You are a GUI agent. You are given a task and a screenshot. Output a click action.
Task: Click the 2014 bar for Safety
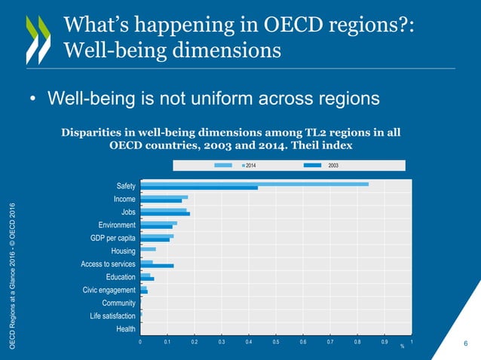point(254,184)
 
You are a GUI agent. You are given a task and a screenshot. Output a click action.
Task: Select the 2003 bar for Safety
point(199,188)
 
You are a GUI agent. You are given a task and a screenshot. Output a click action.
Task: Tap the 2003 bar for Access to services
point(157,265)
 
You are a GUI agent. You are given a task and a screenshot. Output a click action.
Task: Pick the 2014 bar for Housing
point(148,249)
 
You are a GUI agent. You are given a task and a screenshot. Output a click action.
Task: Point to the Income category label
point(124,199)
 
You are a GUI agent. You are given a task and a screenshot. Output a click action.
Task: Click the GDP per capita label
point(112,238)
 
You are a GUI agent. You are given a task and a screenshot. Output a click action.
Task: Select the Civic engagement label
point(109,290)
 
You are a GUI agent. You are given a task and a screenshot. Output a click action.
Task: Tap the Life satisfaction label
point(112,316)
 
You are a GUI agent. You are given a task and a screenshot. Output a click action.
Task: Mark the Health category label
point(126,329)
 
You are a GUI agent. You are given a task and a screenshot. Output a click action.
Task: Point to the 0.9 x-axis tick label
point(384,342)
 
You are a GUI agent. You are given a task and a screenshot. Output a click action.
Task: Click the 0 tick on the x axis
point(140,342)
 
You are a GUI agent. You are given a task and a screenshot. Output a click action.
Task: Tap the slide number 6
point(466,344)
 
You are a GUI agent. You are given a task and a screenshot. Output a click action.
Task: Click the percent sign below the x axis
point(402,347)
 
